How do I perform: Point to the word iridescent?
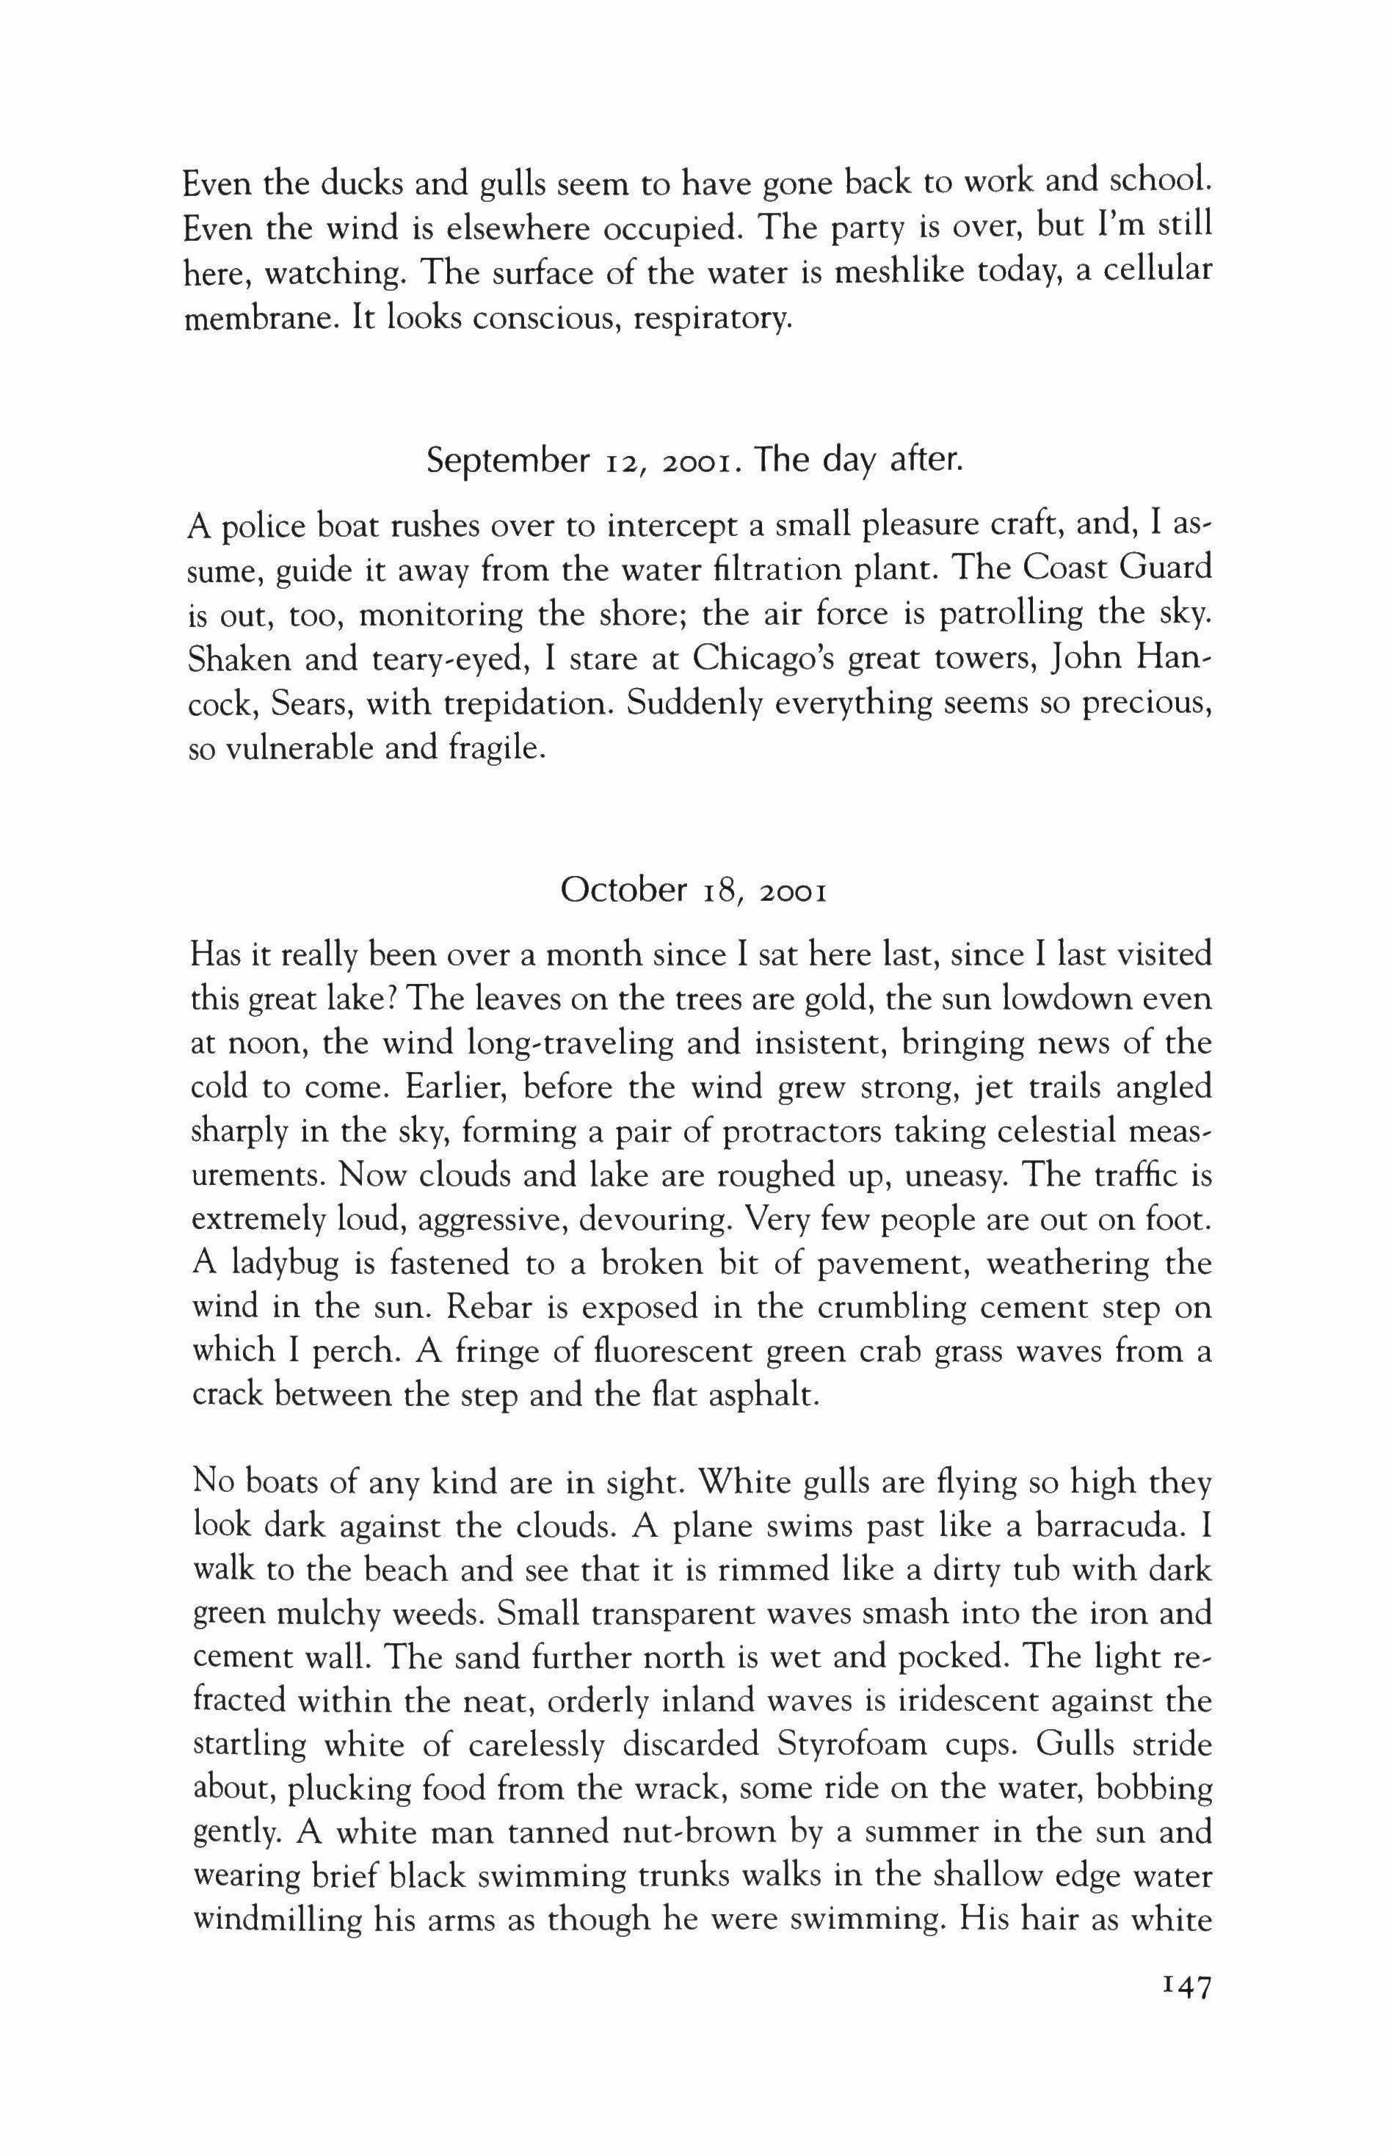pos(943,1701)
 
